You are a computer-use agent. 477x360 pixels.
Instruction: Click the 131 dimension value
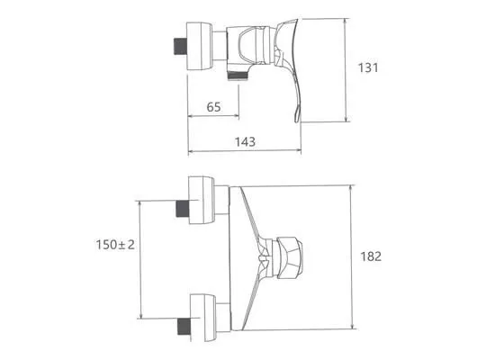pyautogui.click(x=368, y=67)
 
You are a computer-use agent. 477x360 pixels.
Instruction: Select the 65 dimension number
pyautogui.click(x=213, y=107)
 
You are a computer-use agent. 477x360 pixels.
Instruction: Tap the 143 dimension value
pyautogui.click(x=245, y=141)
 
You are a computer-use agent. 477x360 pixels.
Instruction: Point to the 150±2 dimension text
pyautogui.click(x=115, y=245)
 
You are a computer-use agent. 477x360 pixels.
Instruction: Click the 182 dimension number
pyautogui.click(x=371, y=256)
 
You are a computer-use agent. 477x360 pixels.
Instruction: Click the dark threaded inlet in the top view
pyautogui.click(x=180, y=47)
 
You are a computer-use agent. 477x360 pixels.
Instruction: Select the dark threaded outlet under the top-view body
pyautogui.click(x=238, y=76)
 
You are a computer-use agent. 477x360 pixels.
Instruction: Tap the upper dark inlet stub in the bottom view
pyautogui.click(x=183, y=209)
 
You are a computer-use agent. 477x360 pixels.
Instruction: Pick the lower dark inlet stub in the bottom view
pyautogui.click(x=184, y=327)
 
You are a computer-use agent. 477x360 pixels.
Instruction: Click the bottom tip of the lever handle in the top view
pyautogui.click(x=296, y=121)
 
